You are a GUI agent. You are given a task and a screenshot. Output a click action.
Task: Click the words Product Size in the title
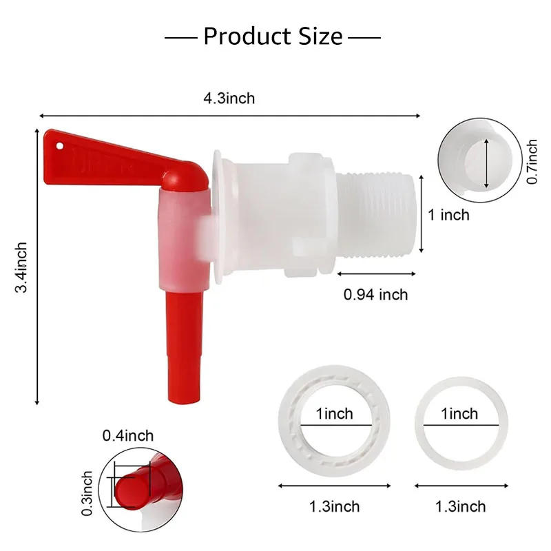pos(273,36)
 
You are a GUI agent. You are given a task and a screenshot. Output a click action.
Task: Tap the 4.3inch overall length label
pos(229,98)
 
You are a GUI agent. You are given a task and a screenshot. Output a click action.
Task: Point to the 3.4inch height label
pos(22,267)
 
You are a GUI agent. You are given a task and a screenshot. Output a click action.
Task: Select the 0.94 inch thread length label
pos(375,295)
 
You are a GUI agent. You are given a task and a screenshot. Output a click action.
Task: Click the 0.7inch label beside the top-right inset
pos(532,162)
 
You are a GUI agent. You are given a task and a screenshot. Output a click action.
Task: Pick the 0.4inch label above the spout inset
pos(128,435)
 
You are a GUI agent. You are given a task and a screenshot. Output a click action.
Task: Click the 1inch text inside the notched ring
pos(334,414)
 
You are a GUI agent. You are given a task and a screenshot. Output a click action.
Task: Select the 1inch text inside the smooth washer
pos(459,414)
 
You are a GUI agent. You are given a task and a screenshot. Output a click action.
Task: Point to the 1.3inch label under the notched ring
pos(334,506)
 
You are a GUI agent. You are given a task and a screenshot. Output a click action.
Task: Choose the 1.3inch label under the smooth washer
pos(460,506)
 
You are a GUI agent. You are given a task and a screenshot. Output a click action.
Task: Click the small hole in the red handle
pos(60,146)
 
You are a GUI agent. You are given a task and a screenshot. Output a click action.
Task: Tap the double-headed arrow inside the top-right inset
pos(486,162)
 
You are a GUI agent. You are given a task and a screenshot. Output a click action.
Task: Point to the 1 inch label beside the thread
pos(448,215)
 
